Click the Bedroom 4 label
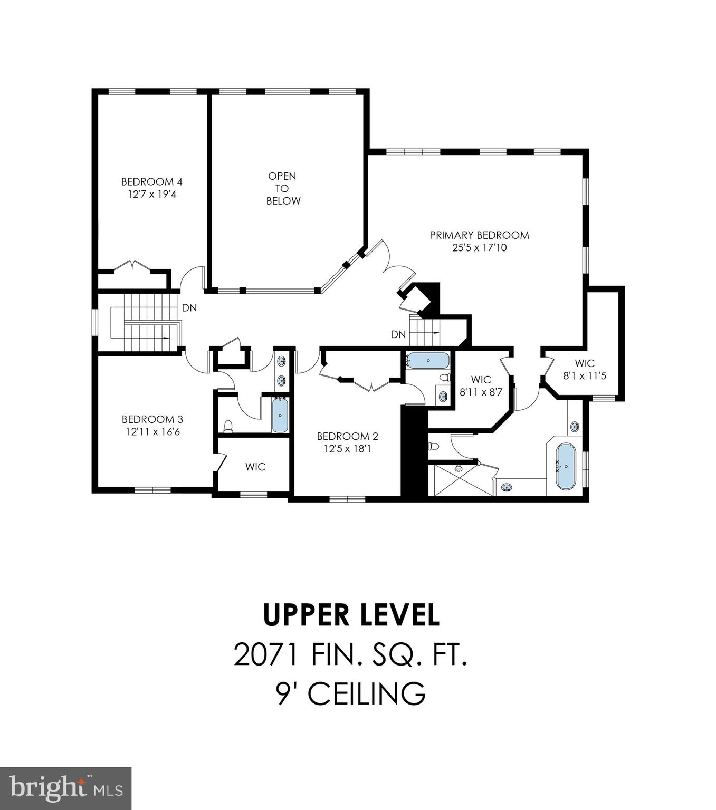(151, 182)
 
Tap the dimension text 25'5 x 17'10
(479, 248)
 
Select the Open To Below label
(283, 188)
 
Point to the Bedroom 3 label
(152, 419)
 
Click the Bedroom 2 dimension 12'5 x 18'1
(347, 449)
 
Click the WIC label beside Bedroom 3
(255, 467)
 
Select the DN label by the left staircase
(189, 307)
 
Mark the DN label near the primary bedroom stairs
(398, 334)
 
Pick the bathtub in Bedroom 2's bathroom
(428, 361)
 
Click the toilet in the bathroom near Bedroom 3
(228, 425)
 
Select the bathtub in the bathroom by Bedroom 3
(280, 415)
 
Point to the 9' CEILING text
(351, 693)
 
